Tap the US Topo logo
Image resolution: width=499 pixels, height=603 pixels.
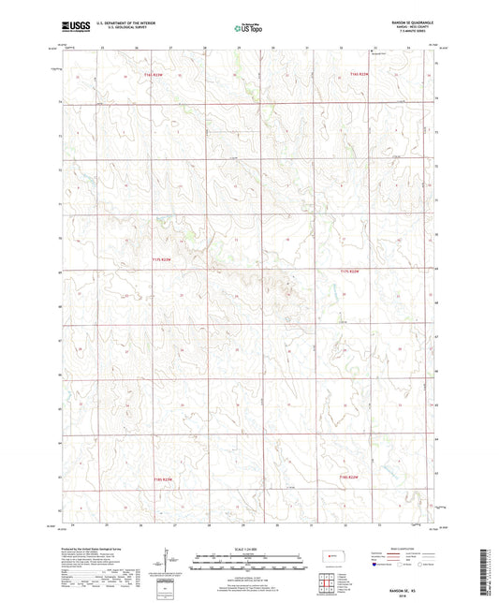247,29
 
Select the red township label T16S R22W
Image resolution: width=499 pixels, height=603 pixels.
360,74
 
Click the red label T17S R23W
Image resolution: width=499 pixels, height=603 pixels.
163,259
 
